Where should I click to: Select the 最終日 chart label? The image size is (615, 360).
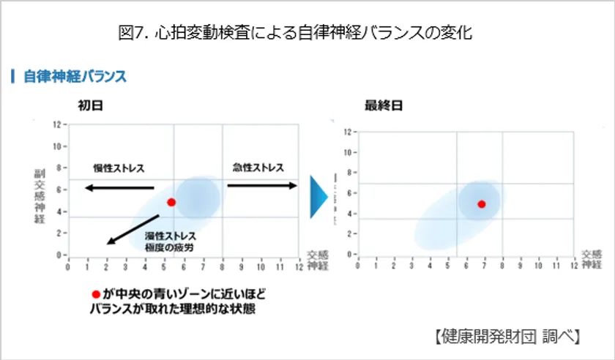click(384, 105)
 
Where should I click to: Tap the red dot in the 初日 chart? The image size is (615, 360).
click(171, 202)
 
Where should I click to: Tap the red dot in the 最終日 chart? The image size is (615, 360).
click(482, 204)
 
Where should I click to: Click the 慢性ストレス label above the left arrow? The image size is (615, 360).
click(119, 168)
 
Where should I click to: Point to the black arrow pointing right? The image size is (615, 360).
click(262, 185)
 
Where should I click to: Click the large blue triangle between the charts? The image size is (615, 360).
click(320, 195)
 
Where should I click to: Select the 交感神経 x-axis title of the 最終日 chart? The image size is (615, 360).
click(592, 258)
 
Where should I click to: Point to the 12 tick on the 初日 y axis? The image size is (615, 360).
click(56, 124)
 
